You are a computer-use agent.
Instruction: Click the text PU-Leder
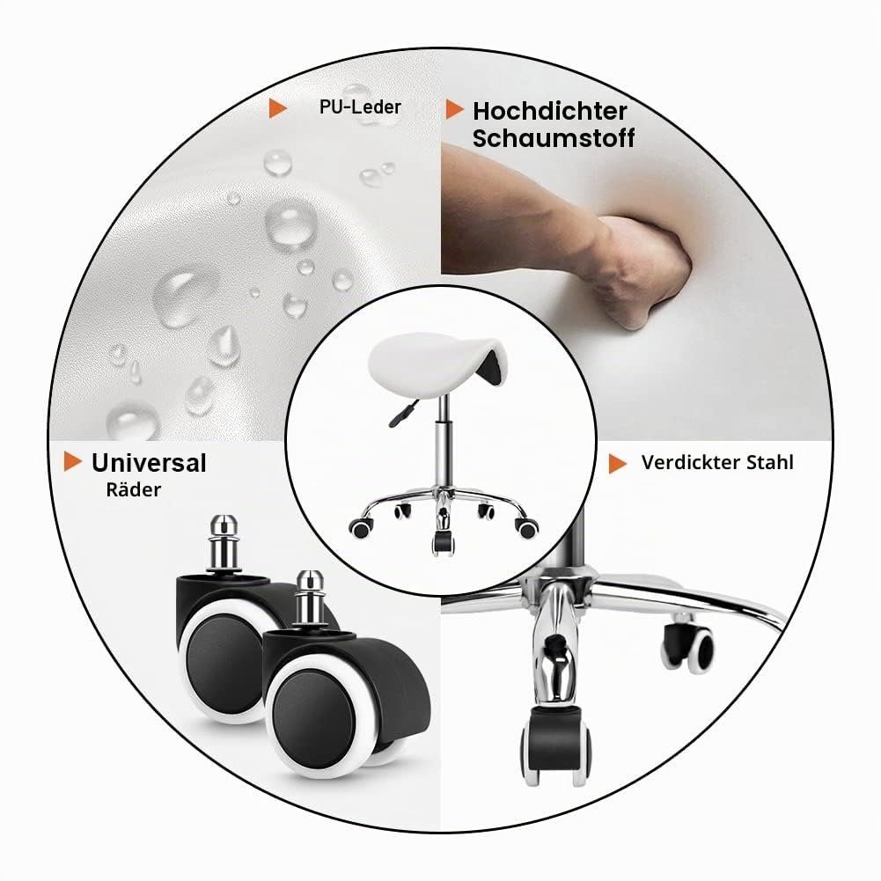(x=360, y=106)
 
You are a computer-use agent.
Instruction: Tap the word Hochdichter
(x=549, y=111)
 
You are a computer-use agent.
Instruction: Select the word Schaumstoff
(x=554, y=138)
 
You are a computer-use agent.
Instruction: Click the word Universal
(x=149, y=463)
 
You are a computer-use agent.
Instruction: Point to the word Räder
(x=133, y=489)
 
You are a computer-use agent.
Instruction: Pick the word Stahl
(x=770, y=462)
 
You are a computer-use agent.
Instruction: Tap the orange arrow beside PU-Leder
(x=277, y=108)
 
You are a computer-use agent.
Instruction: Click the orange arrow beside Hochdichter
(x=454, y=109)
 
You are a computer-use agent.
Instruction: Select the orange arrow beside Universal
(x=72, y=461)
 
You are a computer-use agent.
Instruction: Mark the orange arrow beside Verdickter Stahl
(x=618, y=464)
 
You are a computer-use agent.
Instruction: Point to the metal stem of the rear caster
(x=224, y=543)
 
